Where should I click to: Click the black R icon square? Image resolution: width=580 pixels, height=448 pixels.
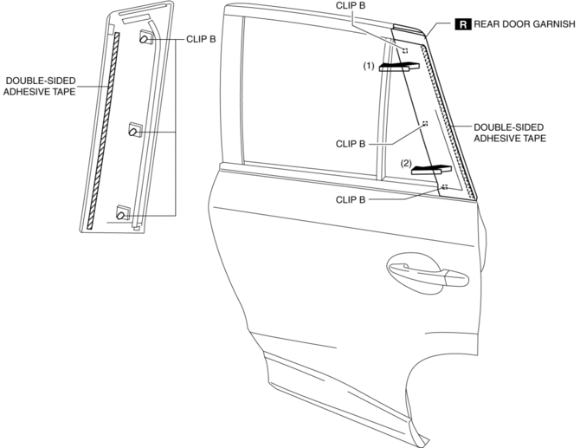pos(463,25)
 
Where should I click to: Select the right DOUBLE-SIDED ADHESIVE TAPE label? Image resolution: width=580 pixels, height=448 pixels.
pos(510,132)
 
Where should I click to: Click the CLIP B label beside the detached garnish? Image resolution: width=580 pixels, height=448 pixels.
pos(202,39)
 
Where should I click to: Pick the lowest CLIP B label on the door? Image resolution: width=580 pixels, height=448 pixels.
pos(352,199)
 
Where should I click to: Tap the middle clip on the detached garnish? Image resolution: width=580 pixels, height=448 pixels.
pos(135,130)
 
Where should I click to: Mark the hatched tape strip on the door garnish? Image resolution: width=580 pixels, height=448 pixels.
pos(450,121)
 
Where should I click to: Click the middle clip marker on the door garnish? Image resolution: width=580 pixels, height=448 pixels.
pos(424,124)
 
